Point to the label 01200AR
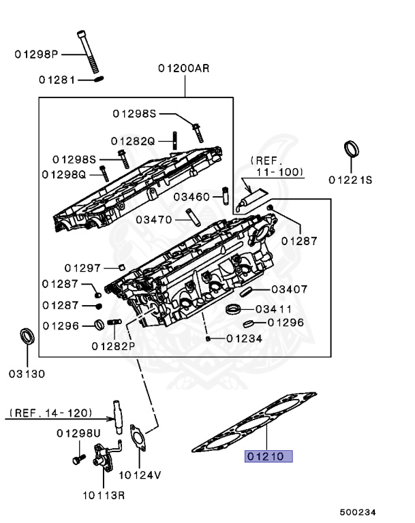tap(185, 68)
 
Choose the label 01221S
tap(350, 180)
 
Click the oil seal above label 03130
tap(27, 336)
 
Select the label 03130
tap(27, 374)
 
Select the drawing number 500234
tap(358, 511)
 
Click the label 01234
tap(245, 338)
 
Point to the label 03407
tap(289, 289)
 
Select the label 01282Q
tap(133, 141)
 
